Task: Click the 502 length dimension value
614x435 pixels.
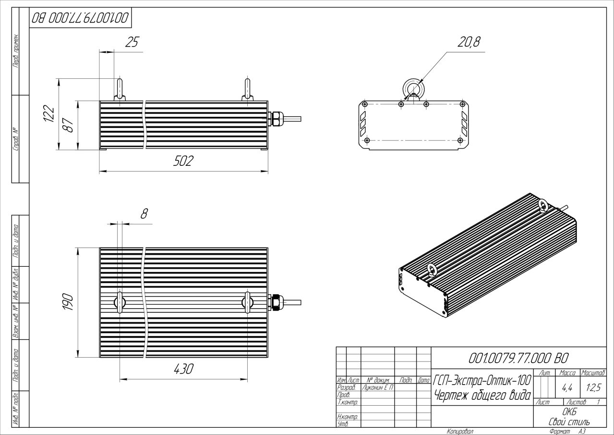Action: (x=183, y=162)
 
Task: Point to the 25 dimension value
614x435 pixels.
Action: (x=131, y=43)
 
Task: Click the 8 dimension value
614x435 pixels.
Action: (x=143, y=214)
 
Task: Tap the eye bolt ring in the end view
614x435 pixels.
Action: (x=412, y=88)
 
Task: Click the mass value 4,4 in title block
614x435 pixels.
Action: (x=567, y=386)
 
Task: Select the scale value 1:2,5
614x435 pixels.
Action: (x=593, y=386)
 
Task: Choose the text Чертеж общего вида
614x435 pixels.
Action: (x=482, y=396)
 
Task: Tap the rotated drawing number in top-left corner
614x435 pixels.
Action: (x=80, y=18)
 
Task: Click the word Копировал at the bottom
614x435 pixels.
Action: (x=460, y=432)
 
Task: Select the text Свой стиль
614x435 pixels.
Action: (x=569, y=422)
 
